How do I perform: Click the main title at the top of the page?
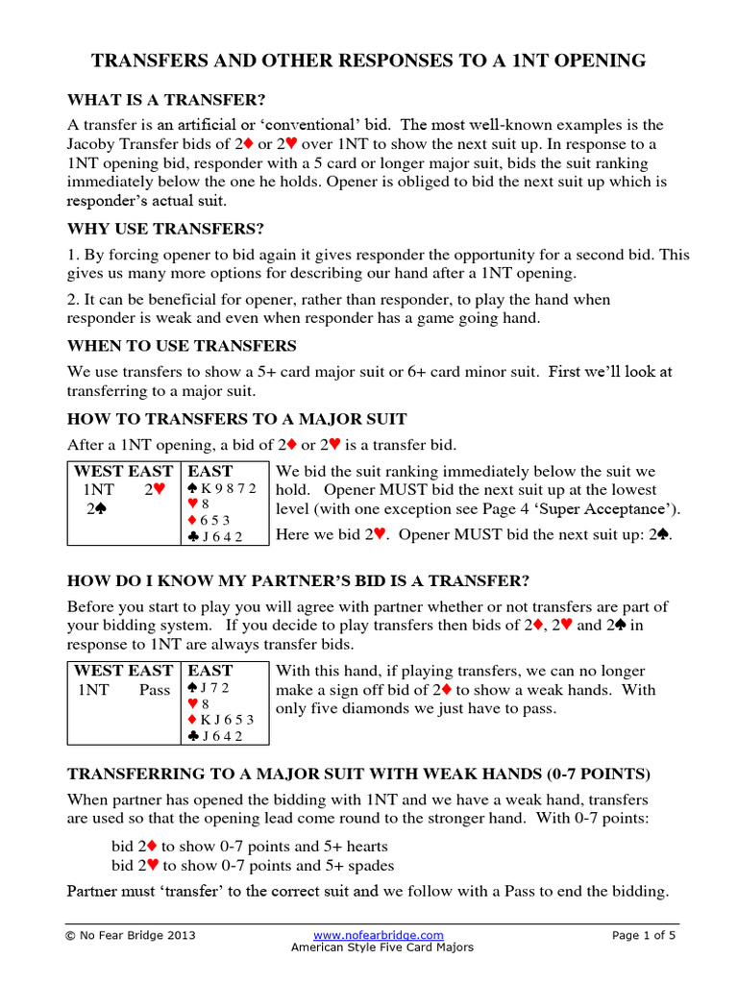click(x=368, y=61)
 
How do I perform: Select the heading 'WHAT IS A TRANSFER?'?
click(x=165, y=100)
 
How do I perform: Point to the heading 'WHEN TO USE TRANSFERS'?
click(x=182, y=345)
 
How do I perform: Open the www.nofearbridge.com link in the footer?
click(x=379, y=935)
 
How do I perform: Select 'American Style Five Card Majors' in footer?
click(x=382, y=947)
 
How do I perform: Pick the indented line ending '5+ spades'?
click(x=253, y=865)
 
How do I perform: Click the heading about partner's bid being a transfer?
click(x=297, y=580)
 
